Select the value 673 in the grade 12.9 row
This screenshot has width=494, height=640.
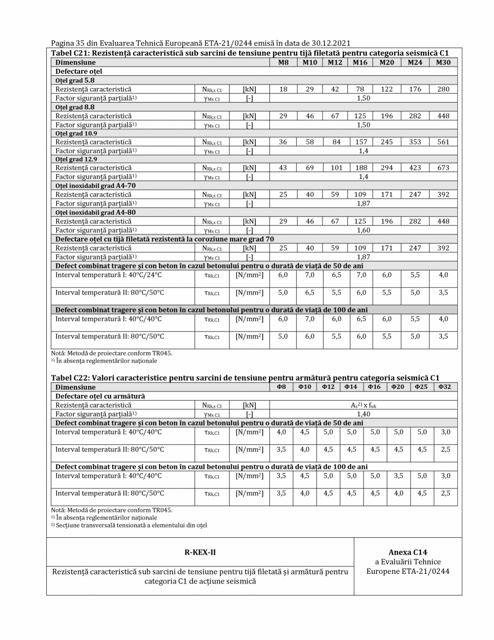coord(443,168)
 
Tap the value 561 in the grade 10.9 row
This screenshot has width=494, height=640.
coord(443,142)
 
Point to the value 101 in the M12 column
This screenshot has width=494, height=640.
coord(336,168)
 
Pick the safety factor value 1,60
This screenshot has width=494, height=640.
coord(363,230)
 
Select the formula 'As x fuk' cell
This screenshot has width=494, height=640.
coord(363,405)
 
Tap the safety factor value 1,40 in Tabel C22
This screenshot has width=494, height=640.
coord(363,414)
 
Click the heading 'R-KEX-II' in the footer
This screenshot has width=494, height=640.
coord(200,552)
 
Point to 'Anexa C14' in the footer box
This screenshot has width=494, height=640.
coord(407,552)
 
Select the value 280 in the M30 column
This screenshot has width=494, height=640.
coord(443,89)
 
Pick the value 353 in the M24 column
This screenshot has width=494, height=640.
coord(414,142)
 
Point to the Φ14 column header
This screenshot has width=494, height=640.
coord(351,387)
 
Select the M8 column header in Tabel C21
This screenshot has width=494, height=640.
coord(282,62)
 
